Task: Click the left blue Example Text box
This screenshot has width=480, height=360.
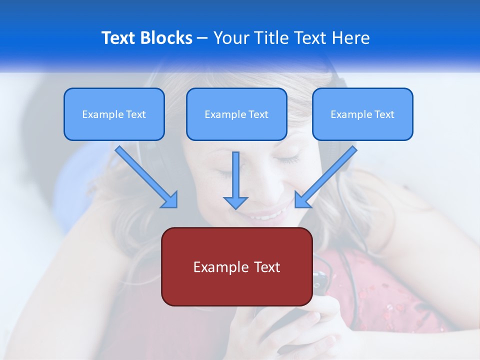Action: (x=114, y=114)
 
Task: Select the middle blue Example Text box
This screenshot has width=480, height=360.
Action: (x=236, y=114)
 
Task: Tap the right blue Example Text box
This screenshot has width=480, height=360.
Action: (x=362, y=114)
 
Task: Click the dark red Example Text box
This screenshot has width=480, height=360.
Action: (x=236, y=266)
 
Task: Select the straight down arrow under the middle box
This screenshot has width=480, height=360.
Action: (x=235, y=180)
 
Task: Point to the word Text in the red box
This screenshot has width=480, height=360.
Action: (x=266, y=267)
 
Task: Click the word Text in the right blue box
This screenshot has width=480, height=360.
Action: (x=384, y=114)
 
